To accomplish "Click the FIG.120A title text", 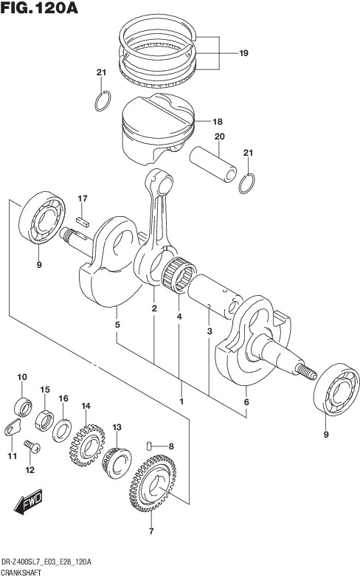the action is click(39, 7).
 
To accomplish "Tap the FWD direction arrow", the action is click(28, 502).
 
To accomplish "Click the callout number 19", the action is click(243, 53).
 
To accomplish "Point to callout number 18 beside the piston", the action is click(218, 122).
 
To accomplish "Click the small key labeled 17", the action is click(83, 221).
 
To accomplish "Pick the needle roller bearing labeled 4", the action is click(179, 275).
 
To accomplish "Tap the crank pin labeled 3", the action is click(215, 296).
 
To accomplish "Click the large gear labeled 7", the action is click(153, 483).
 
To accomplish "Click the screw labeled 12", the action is click(32, 446).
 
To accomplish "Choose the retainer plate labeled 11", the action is click(13, 427).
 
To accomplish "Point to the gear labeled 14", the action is click(87, 445).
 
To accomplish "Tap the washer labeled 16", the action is click(62, 430).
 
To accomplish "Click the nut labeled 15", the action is click(44, 420).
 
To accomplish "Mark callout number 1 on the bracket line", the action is click(181, 401).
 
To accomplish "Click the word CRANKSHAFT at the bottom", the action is click(21, 573).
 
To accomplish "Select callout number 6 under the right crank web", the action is click(246, 402).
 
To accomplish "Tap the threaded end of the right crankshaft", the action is click(306, 371).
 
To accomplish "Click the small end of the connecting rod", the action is click(159, 182).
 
